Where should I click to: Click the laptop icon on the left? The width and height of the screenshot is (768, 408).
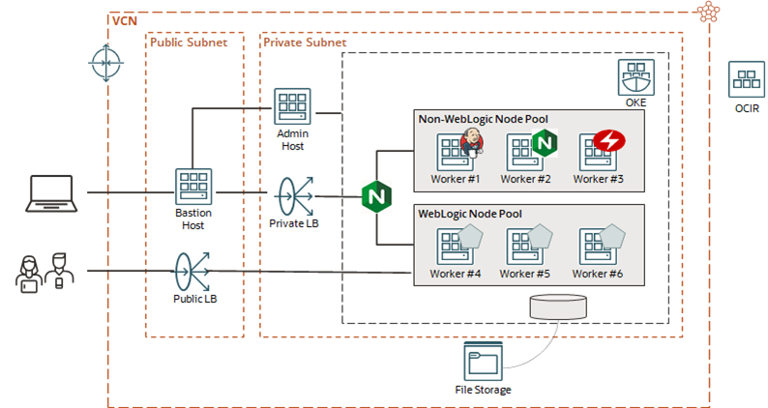point(51,191)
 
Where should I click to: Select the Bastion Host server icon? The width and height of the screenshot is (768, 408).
point(192,188)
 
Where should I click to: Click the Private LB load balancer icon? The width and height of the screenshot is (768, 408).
point(291,195)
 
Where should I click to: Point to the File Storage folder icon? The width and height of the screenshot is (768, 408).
point(483,361)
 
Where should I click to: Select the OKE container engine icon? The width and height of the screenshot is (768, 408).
point(635,77)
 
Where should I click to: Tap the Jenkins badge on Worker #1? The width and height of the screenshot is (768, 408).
point(471,142)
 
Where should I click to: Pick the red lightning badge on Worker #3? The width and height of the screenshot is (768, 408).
point(609,142)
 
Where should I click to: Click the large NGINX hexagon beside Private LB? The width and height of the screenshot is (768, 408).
point(375,197)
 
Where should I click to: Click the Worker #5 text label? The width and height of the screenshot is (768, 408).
point(526,274)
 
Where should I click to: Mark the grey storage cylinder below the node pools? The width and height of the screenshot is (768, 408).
point(558,306)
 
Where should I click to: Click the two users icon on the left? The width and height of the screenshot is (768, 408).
point(44,271)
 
